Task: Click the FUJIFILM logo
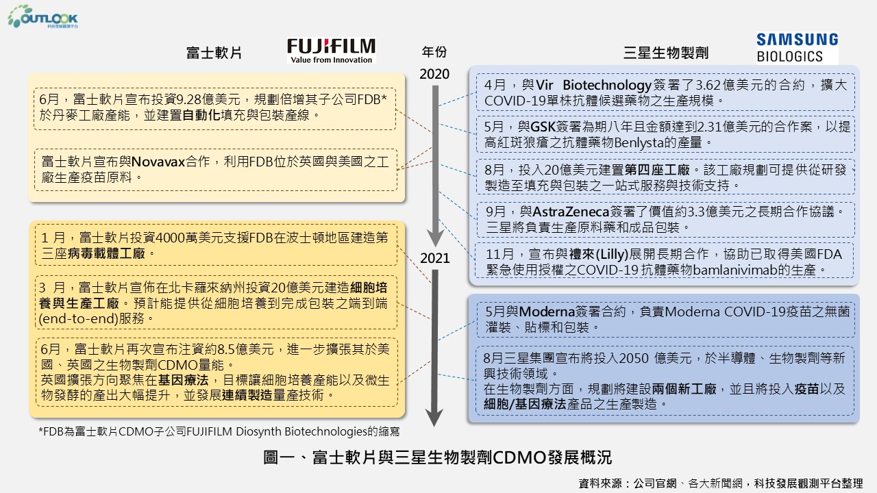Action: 332,50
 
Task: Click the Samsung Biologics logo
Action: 797,48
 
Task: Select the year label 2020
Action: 434,74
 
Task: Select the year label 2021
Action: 434,258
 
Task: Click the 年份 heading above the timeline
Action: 434,52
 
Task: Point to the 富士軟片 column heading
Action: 214,53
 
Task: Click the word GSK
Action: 543,127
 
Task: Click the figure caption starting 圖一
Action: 437,457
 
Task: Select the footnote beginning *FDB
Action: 219,431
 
